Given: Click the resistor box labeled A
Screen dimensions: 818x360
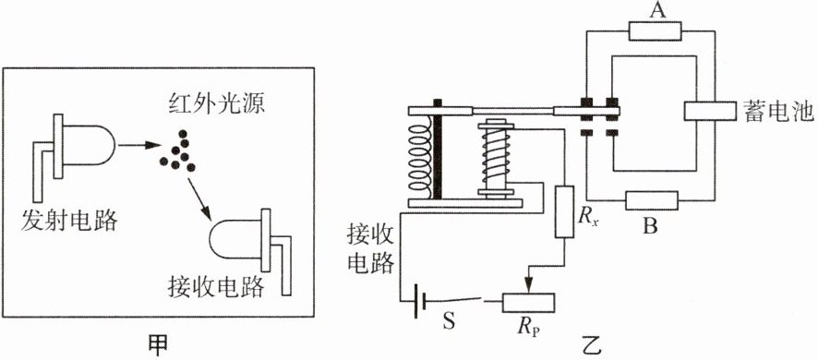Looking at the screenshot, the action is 656,31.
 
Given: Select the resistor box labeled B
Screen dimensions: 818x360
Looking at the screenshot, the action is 652,200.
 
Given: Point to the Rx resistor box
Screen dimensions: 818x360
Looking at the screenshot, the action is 564,211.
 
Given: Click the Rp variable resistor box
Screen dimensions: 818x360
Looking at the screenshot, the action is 528,302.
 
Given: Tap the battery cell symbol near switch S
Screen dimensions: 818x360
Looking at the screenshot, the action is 420,302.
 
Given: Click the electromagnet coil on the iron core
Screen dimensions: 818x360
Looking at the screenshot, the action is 496,159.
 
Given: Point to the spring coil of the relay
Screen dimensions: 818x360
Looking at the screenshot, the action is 419,158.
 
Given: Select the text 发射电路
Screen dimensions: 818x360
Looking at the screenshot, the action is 69,221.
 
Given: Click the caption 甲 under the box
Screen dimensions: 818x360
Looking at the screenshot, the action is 157,345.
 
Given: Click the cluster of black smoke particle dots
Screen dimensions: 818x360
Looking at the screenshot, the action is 177,150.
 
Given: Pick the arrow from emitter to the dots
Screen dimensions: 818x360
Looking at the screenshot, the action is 138,146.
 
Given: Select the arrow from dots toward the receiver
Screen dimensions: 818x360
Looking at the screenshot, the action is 200,198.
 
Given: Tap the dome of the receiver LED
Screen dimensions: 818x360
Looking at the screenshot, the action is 235,239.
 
